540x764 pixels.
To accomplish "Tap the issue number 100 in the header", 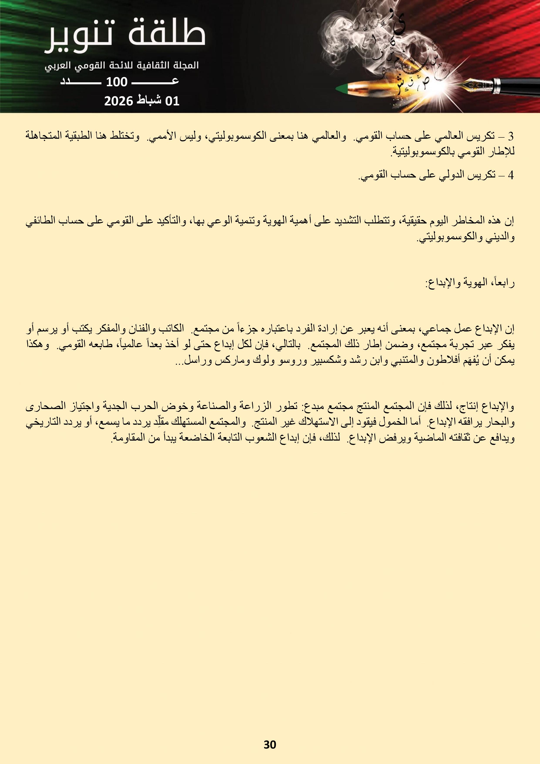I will point(116,82).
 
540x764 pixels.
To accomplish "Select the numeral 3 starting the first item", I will point(511,136).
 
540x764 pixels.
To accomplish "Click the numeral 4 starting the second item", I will point(511,175).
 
